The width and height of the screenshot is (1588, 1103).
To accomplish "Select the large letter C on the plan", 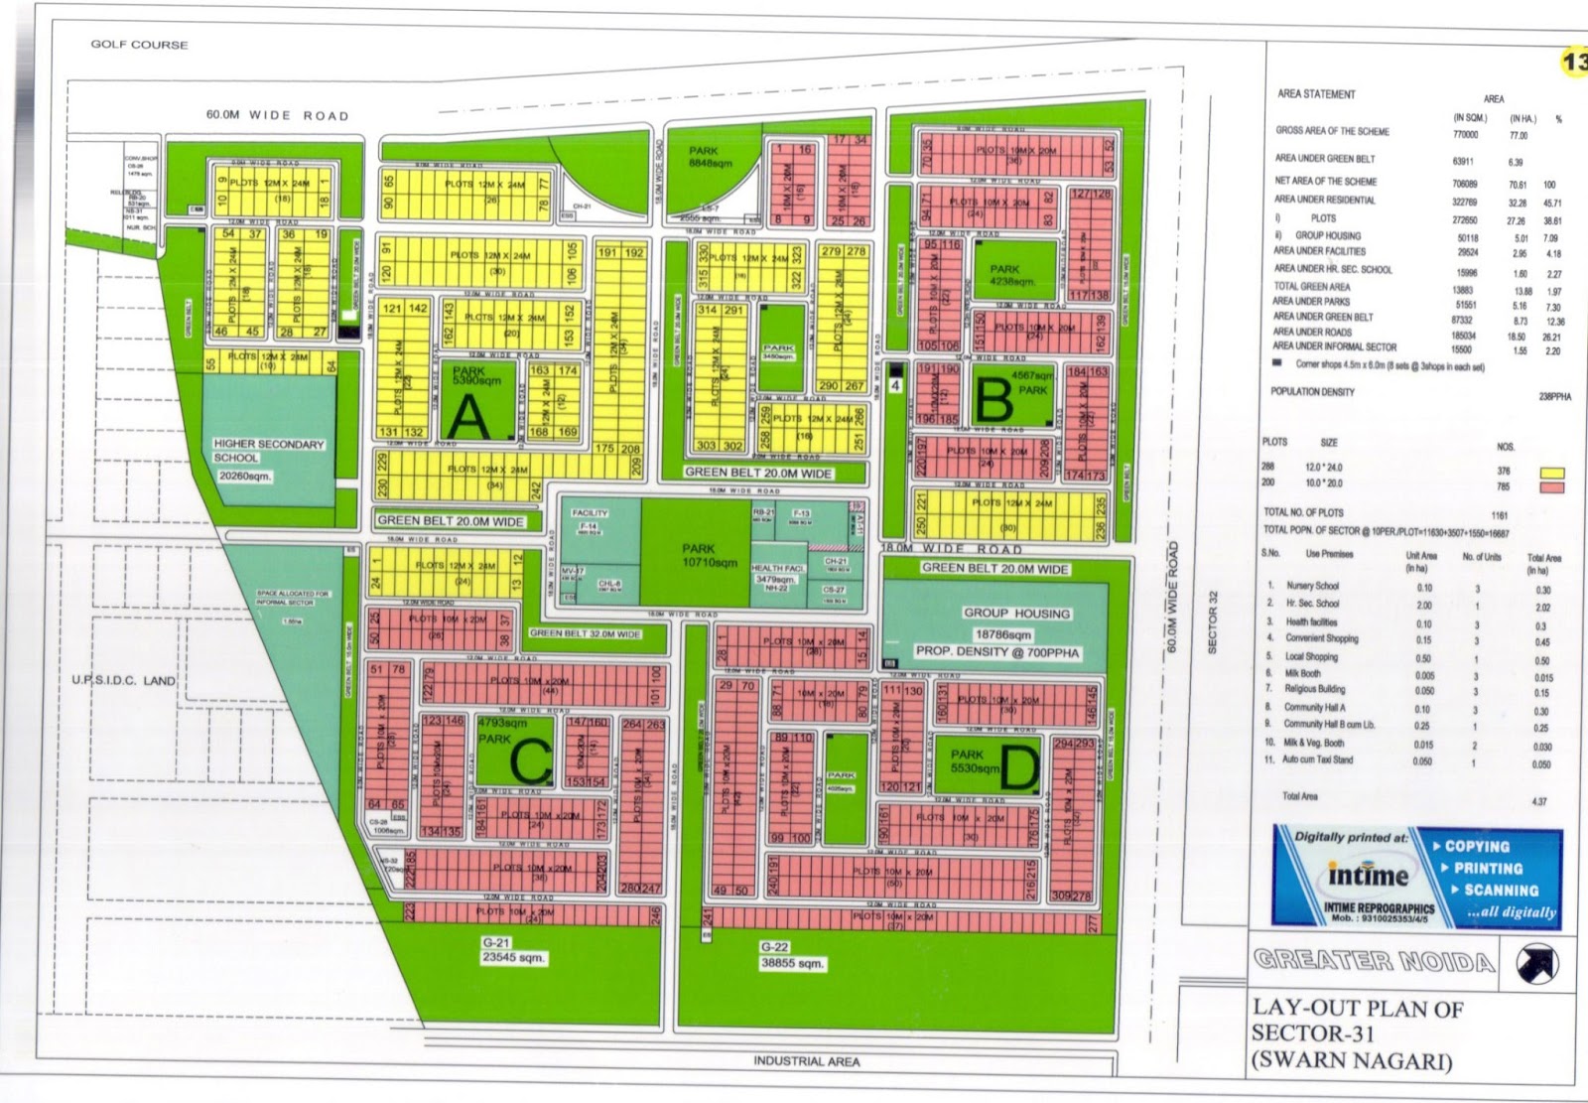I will pyautogui.click(x=530, y=762).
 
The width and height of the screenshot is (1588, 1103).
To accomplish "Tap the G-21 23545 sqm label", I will pyautogui.click(x=512, y=950).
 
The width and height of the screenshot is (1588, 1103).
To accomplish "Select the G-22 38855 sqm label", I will pyautogui.click(x=792, y=955).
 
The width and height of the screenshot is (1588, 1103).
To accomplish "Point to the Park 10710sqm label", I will pyautogui.click(x=709, y=555).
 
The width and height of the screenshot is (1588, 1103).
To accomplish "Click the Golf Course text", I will pyautogui.click(x=139, y=45).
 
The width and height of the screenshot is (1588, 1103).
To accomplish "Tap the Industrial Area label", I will pyautogui.click(x=806, y=1061).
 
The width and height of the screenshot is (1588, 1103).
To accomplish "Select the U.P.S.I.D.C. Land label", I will pyautogui.click(x=123, y=681).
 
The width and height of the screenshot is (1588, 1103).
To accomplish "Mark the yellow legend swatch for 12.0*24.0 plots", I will pyautogui.click(x=1550, y=473).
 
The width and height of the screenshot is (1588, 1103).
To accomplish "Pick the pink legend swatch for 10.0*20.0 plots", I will pyautogui.click(x=1550, y=486).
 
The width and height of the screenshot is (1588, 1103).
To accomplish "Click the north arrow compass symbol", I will pyautogui.click(x=1537, y=963).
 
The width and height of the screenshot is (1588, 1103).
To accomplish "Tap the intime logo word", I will pyautogui.click(x=1368, y=877).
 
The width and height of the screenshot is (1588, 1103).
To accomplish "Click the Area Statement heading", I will pyautogui.click(x=1316, y=94).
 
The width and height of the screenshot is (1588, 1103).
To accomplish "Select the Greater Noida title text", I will pyautogui.click(x=1374, y=960).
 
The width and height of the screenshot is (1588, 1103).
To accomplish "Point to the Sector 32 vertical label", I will pyautogui.click(x=1213, y=622).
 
